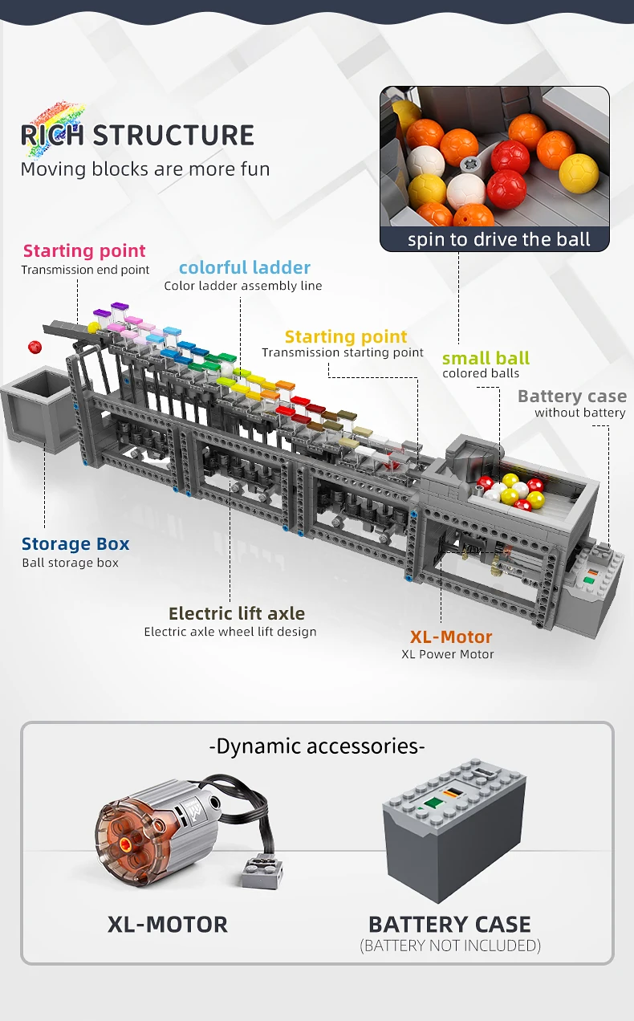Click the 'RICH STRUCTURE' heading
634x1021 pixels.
pos(137,135)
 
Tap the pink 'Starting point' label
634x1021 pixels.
pos(84,251)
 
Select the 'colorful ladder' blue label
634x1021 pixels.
pos(244,267)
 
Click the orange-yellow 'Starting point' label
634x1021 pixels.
pos(346,337)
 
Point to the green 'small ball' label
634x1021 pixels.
pos(486,358)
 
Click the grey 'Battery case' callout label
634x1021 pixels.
pos(571,396)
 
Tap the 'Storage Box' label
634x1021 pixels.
pos(75,543)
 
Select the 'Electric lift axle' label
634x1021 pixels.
pos(237,613)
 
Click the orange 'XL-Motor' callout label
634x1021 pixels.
pos(451,637)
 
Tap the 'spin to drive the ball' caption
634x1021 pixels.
pos(498,239)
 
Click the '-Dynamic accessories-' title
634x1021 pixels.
pos(317,746)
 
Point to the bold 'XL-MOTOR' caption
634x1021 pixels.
pos(168,924)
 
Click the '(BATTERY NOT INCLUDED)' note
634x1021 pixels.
pos(450,946)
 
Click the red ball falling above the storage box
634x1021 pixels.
pos(35,347)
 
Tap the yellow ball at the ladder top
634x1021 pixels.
pos(94,328)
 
